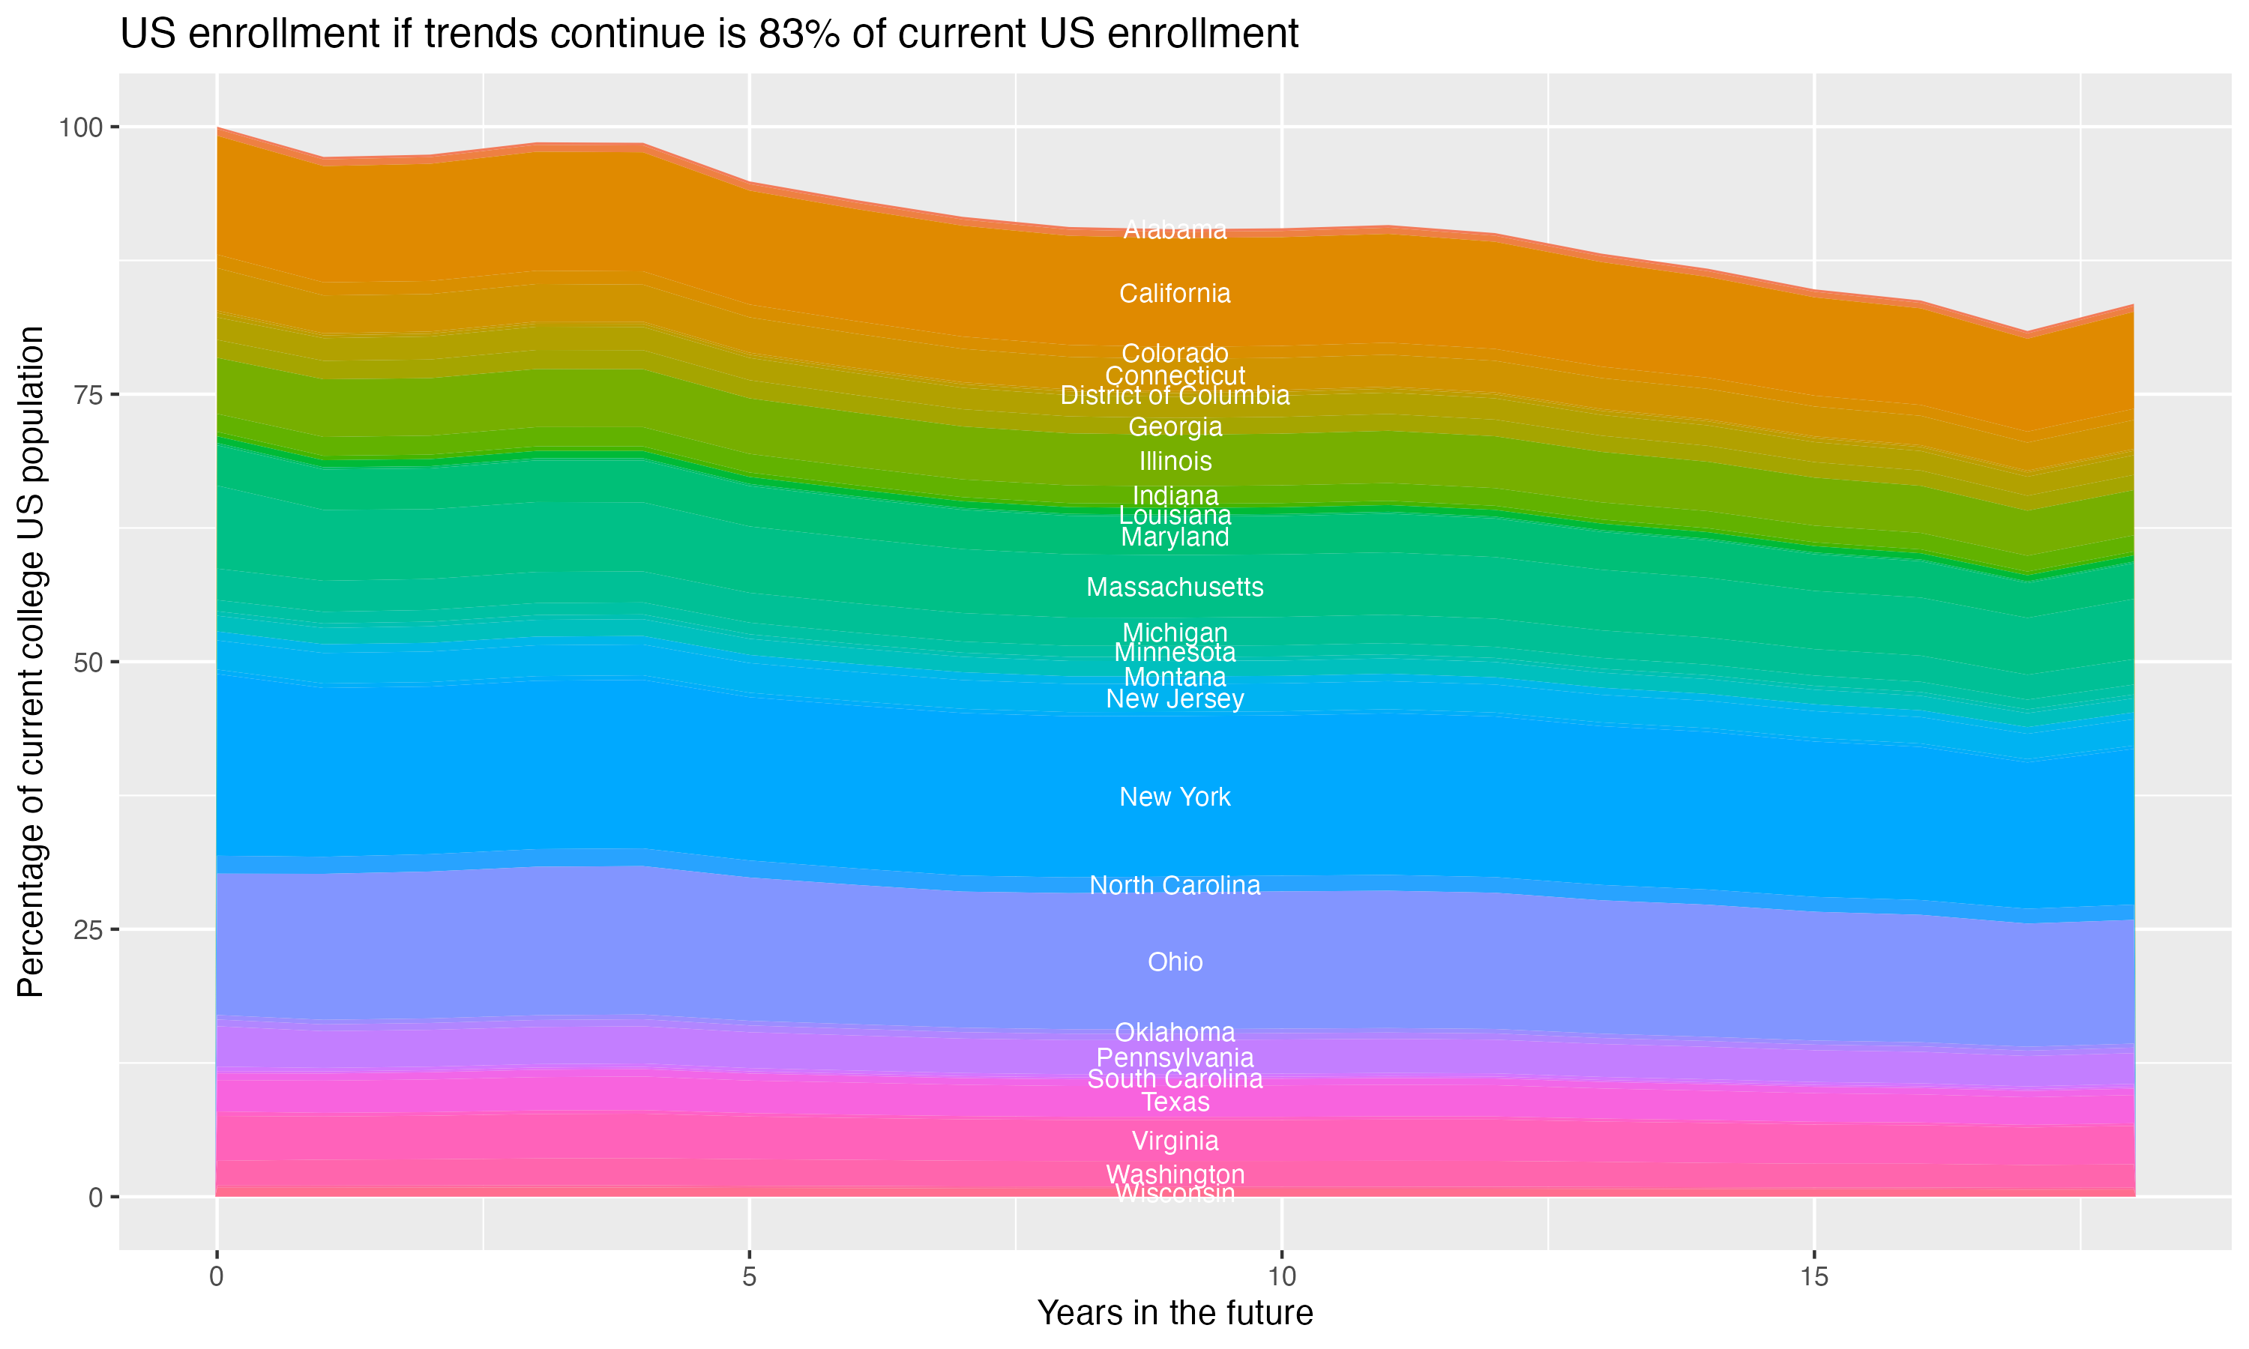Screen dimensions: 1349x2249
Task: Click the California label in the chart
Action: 1175,294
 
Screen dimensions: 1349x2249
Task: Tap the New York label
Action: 1175,797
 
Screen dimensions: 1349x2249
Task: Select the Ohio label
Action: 1175,962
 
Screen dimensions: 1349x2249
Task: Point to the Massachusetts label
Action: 1175,588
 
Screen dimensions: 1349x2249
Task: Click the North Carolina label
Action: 1175,885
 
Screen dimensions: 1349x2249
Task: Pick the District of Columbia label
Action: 1175,396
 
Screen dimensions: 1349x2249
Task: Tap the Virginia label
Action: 1175,1141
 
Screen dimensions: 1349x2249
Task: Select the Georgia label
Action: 1175,426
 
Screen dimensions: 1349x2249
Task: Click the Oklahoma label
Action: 1175,1033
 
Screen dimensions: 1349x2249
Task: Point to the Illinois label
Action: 1175,461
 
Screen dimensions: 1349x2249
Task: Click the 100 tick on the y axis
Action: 80,127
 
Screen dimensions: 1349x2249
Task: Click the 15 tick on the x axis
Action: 1813,1277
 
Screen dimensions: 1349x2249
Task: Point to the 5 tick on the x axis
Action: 749,1277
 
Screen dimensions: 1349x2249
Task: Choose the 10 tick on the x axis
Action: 1281,1277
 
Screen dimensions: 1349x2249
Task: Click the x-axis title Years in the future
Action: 1175,1312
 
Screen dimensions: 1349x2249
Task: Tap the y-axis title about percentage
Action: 31,661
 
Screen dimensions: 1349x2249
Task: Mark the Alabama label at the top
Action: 1175,230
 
